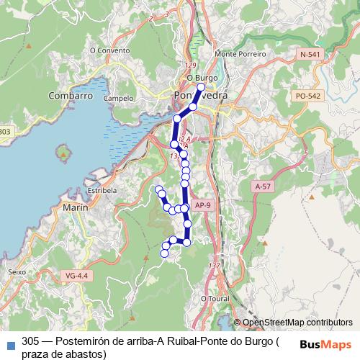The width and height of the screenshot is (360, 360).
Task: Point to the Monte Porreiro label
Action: tap(240, 54)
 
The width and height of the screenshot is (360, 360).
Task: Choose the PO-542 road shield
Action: tap(307, 96)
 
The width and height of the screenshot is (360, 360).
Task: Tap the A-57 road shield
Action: tap(264, 186)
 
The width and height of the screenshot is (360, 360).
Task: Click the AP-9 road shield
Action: tap(203, 205)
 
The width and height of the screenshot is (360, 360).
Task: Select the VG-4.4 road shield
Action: tap(76, 275)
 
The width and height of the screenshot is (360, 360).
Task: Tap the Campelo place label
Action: tap(117, 98)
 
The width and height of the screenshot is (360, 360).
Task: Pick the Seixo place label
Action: tap(16, 272)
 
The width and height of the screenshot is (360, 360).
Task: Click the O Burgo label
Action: tap(202, 78)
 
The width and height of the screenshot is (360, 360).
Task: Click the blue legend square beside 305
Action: tap(9, 344)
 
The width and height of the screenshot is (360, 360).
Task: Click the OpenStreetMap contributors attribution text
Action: tap(297, 323)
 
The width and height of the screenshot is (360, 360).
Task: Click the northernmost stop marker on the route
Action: tap(201, 86)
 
